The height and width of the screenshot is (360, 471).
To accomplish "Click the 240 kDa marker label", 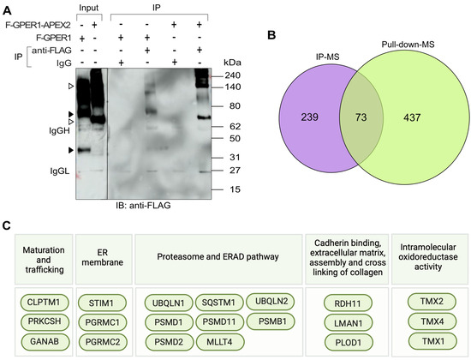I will click(208, 75).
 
